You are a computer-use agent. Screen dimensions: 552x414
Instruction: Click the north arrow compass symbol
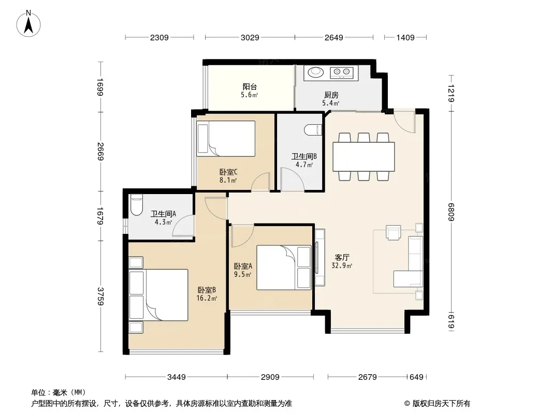[x=28, y=24]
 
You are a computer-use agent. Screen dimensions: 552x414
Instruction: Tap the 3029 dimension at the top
[x=250, y=37]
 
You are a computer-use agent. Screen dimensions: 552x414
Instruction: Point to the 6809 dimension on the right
[x=451, y=212]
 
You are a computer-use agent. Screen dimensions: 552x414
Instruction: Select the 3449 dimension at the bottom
[x=177, y=377]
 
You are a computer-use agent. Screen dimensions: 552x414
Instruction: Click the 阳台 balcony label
[x=250, y=86]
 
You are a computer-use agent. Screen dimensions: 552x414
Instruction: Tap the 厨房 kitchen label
[x=331, y=95]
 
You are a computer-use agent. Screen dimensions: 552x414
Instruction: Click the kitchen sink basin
[x=316, y=72]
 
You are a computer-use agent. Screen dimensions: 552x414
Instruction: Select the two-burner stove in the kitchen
[x=341, y=72]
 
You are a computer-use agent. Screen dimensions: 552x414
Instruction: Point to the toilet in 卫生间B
[x=313, y=130]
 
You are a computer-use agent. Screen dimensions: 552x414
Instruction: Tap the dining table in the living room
[x=364, y=156]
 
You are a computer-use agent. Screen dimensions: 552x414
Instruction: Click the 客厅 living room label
[x=342, y=258]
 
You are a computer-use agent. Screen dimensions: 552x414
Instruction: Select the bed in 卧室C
[x=226, y=139]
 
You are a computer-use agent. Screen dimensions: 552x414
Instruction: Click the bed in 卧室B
[x=158, y=295]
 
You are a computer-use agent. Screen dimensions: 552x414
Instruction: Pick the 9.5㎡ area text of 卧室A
[x=242, y=274]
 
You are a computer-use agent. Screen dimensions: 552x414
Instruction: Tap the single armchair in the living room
[x=393, y=232]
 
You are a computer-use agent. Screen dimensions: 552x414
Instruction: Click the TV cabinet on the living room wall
[x=319, y=257]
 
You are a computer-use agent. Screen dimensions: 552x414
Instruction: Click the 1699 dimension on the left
[x=100, y=87]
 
